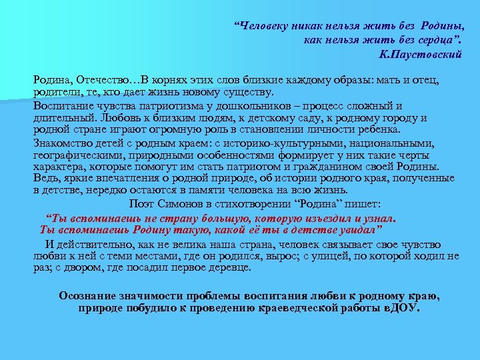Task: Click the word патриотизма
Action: [189, 106]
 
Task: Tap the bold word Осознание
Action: [91, 295]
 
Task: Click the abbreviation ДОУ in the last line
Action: [405, 309]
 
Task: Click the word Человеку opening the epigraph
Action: [267, 27]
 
